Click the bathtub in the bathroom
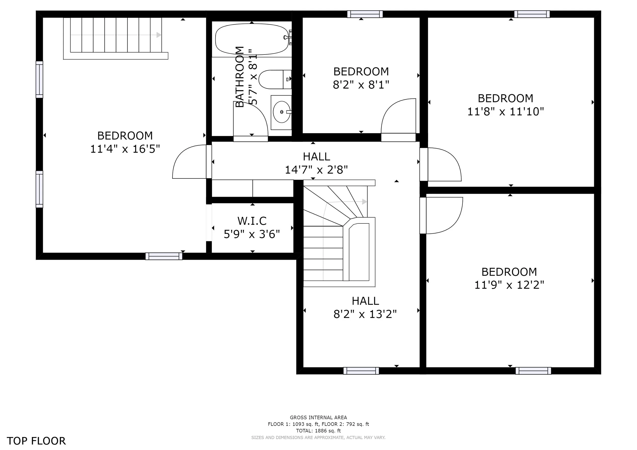252,39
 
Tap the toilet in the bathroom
275,79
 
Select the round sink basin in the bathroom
281,112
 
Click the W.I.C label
252,221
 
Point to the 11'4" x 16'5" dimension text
125,149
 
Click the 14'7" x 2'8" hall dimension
316,170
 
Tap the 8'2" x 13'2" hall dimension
365,314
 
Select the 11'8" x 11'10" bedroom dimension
506,111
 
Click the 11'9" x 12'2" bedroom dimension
509,285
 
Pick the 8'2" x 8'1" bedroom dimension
361,85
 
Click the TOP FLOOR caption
36,441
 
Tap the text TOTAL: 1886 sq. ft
318,431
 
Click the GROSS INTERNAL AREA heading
318,417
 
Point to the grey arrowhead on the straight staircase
159,35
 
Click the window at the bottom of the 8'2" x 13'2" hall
361,371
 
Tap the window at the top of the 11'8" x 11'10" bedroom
532,14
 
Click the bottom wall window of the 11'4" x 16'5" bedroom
164,256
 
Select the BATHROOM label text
240,77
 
